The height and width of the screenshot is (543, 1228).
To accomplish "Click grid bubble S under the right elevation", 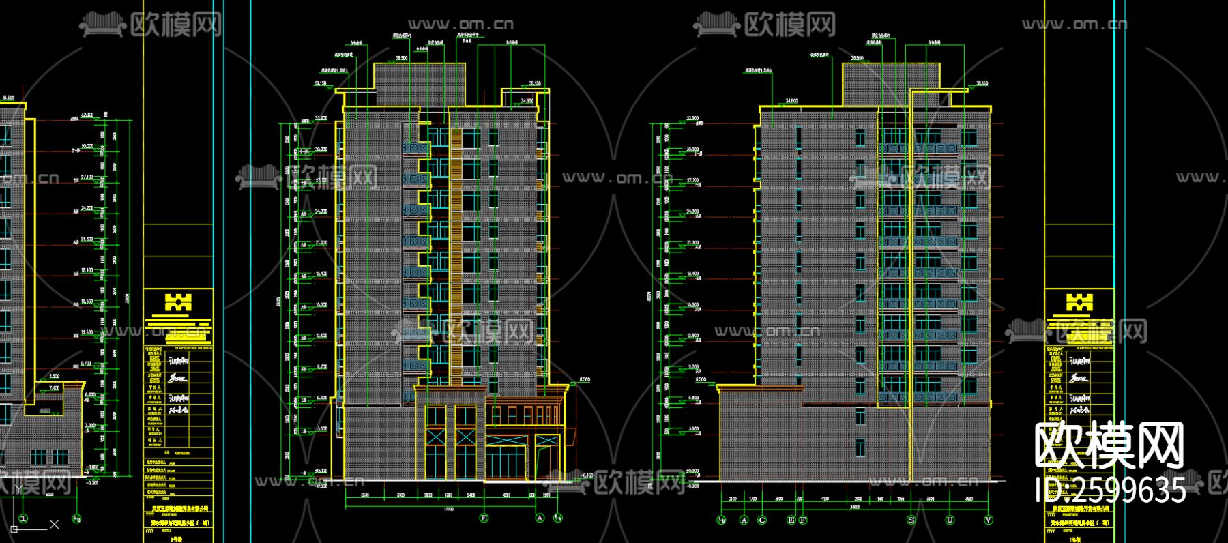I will click(x=911, y=520).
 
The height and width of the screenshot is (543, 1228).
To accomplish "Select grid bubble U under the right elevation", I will click(x=950, y=520).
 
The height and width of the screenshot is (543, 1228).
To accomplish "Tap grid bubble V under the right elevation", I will click(x=989, y=520).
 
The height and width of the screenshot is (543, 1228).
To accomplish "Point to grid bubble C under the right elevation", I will click(x=762, y=520).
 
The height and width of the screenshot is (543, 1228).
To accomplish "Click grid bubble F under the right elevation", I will click(x=803, y=520).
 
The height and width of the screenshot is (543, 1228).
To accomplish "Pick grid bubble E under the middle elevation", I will click(x=484, y=518).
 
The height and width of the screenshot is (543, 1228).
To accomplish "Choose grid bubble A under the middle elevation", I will click(x=540, y=518).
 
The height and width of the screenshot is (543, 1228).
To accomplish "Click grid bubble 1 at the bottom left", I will click(x=24, y=519).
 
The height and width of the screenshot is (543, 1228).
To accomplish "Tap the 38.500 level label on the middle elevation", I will click(x=401, y=59).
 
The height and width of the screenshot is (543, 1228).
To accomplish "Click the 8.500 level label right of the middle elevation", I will click(x=585, y=379).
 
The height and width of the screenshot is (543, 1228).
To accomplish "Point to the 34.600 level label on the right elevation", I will click(x=791, y=101).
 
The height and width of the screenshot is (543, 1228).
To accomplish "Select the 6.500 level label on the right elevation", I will click(x=701, y=379).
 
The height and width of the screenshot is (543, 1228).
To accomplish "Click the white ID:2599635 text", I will click(x=1110, y=490).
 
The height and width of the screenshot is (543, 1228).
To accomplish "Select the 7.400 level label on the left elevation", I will click(x=54, y=388).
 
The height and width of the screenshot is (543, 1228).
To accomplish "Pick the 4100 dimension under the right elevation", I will click(x=825, y=499).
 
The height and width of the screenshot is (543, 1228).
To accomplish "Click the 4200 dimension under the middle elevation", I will click(x=506, y=495).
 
